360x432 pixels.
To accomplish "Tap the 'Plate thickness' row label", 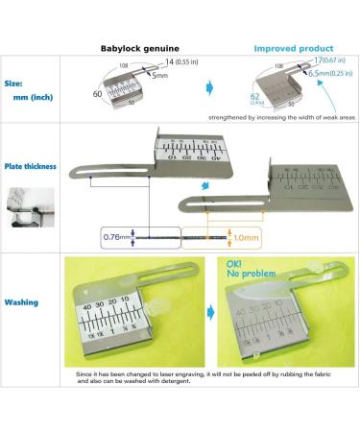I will [31, 163].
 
